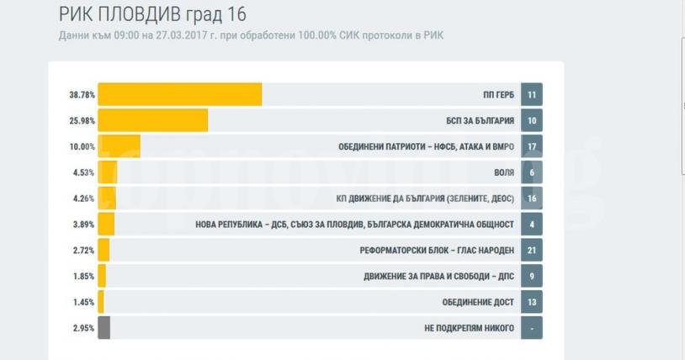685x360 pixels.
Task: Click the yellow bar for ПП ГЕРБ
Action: (180, 95)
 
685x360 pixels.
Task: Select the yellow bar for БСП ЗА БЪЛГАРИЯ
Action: (153, 121)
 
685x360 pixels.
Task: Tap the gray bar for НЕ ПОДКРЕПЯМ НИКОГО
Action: (104, 327)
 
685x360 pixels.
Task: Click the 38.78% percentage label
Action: (82, 95)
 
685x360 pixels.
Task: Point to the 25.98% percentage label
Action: (82, 121)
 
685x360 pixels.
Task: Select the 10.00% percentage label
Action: (82, 147)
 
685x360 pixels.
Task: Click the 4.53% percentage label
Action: (83, 173)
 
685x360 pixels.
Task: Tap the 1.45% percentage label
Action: (83, 301)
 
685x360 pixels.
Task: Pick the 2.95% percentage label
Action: (83, 327)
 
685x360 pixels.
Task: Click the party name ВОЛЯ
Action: (502, 173)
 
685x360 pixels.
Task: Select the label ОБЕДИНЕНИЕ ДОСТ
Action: (478, 301)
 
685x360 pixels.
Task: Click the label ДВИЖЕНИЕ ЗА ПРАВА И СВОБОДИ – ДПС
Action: (438, 276)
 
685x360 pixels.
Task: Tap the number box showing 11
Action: (532, 95)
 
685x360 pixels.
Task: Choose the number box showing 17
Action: (532, 147)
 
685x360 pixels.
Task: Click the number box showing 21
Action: (532, 250)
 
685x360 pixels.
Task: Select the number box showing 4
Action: (532, 225)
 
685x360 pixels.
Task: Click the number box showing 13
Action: (532, 301)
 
